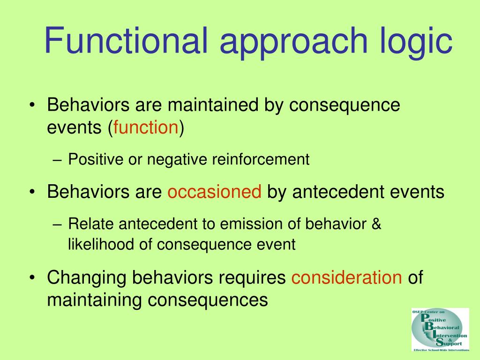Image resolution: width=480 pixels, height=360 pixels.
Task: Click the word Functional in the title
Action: pos(126,40)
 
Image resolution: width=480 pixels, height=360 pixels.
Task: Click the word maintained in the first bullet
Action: pos(213,105)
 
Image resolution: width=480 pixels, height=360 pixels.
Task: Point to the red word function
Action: pos(146,127)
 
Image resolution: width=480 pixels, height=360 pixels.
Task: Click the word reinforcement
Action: pos(261,159)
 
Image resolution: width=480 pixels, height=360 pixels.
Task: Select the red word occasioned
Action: pos(214,192)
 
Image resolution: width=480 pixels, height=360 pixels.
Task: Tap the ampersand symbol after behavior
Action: pos(376,224)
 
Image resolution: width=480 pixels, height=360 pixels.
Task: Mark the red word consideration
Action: pos(346,277)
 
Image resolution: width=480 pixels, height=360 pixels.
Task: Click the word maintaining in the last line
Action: pos(94,300)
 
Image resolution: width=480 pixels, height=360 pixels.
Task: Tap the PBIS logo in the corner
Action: pos(440,330)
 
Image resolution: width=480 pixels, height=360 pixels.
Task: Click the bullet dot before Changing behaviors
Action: pos(32,278)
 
